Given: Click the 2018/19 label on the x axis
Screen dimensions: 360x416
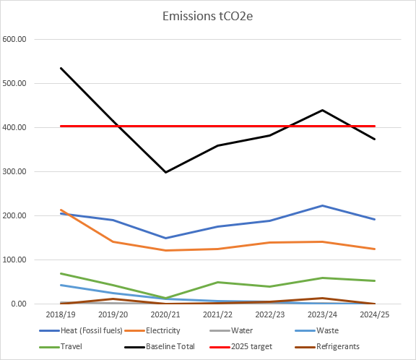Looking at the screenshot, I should pos(61,315).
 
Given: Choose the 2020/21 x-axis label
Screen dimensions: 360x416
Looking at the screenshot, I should pos(165,315).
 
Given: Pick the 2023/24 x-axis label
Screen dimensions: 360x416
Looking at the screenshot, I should pos(322,315).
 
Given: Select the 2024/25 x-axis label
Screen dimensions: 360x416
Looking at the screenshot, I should pos(374,315).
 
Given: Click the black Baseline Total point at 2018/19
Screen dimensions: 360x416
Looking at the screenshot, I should pos(61,68).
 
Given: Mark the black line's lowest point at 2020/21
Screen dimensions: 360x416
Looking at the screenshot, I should pos(165,172).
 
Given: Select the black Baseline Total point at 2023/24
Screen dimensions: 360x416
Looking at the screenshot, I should pos(322,110).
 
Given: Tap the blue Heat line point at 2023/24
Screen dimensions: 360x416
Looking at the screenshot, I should pos(322,205).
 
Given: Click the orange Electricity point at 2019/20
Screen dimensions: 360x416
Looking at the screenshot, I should pos(113,241).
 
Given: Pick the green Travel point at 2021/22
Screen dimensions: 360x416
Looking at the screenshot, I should pos(217,282).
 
